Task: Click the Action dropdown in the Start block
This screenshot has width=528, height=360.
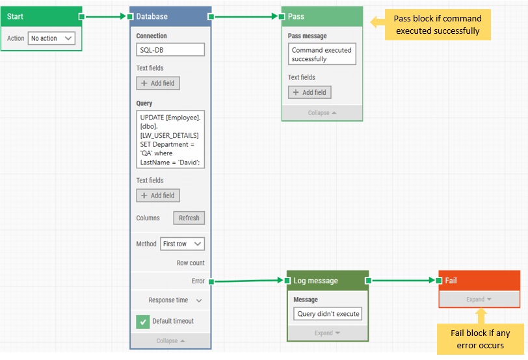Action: coord(51,38)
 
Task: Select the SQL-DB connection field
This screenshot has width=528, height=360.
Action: coord(170,50)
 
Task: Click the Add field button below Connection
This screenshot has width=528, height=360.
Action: coord(158,83)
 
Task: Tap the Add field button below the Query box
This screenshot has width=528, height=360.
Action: coord(158,195)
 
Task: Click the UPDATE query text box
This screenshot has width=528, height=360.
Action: coord(170,139)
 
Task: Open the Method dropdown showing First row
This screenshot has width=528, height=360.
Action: coord(182,244)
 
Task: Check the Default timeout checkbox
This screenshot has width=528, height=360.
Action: coord(143,321)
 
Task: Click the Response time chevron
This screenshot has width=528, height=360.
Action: coord(199,300)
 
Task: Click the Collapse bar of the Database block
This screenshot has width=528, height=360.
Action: coord(170,341)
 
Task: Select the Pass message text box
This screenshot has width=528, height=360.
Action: coord(322,55)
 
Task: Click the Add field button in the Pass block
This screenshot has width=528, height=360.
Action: coord(310,92)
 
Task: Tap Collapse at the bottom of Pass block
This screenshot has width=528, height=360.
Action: coord(322,112)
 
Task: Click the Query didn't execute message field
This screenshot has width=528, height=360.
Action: coord(328,313)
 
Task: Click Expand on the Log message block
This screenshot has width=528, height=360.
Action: coord(328,333)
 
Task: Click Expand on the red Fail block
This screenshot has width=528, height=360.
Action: coord(479,299)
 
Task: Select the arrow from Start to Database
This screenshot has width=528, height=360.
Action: coord(105,16)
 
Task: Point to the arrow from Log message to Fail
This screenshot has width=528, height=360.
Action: coord(403,281)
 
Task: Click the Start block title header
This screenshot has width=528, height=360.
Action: coord(41,16)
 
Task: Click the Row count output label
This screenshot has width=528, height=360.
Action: coord(191,263)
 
